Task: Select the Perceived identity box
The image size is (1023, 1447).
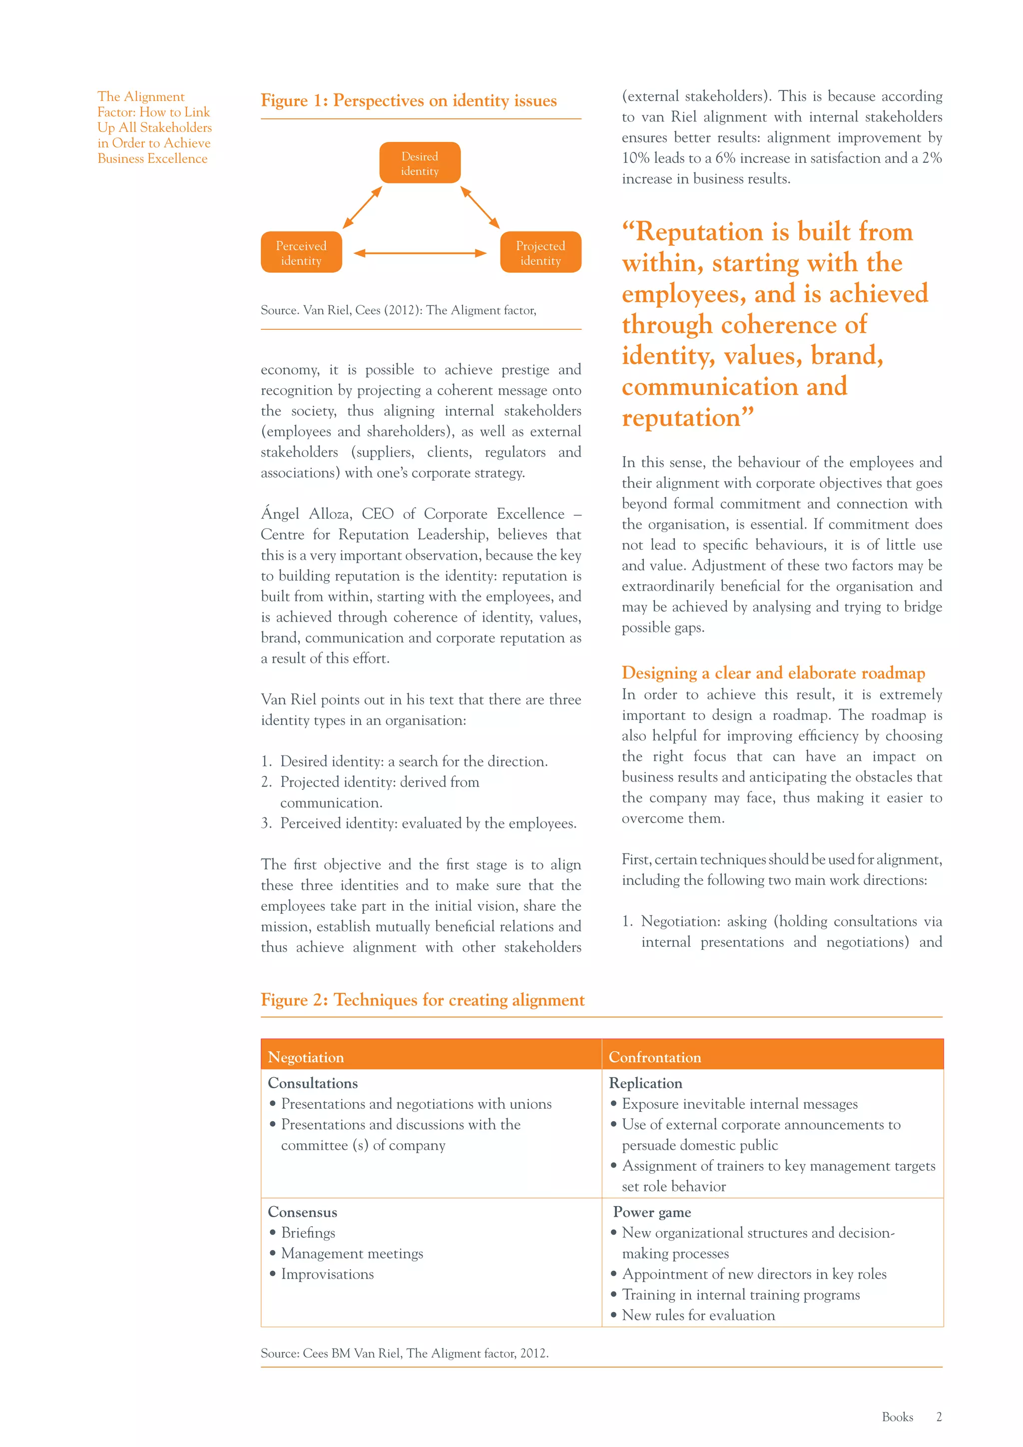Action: pyautogui.click(x=301, y=252)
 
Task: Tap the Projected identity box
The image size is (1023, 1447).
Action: pyautogui.click(x=540, y=252)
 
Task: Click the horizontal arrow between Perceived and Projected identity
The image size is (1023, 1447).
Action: pyautogui.click(x=420, y=253)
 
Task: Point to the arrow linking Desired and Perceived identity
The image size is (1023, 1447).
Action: pyautogui.click(x=362, y=207)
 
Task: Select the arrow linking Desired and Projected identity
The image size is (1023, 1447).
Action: pyautogui.click(x=480, y=207)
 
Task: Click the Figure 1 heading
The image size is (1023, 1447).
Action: pyautogui.click(x=408, y=101)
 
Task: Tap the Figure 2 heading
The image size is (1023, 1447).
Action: pyautogui.click(x=422, y=1000)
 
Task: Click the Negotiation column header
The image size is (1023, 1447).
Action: pyautogui.click(x=306, y=1057)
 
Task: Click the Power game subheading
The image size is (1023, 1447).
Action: pyautogui.click(x=652, y=1212)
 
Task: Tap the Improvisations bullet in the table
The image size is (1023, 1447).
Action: pyautogui.click(x=327, y=1274)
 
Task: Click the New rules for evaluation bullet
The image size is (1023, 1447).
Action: pyautogui.click(x=698, y=1315)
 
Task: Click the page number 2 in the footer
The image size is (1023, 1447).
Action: pyautogui.click(x=939, y=1417)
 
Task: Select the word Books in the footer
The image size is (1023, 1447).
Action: pyautogui.click(x=897, y=1417)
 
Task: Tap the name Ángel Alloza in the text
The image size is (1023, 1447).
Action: pyautogui.click(x=306, y=514)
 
